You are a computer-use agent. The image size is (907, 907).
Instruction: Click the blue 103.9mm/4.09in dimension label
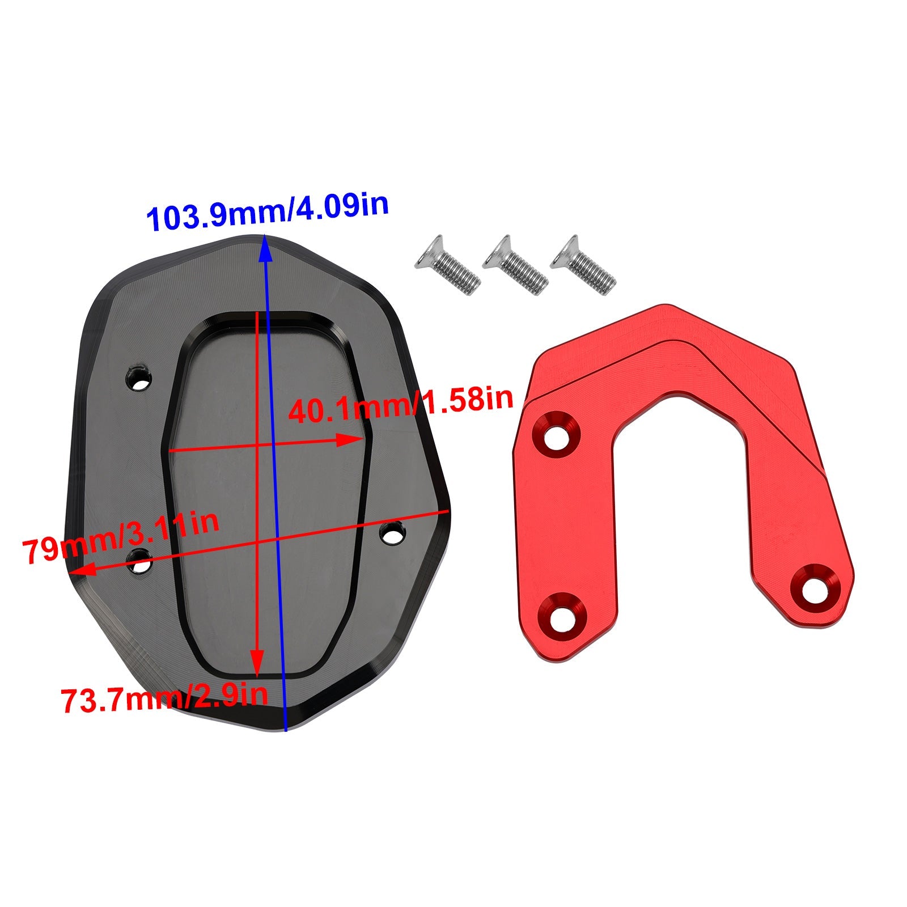(268, 212)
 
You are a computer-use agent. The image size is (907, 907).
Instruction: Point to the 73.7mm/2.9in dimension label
(164, 698)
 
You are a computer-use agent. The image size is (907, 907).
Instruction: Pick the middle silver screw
(515, 265)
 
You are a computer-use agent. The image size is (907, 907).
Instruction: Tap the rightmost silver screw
(583, 265)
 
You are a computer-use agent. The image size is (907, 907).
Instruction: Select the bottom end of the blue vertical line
(286, 730)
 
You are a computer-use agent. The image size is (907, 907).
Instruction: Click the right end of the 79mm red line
(448, 511)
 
